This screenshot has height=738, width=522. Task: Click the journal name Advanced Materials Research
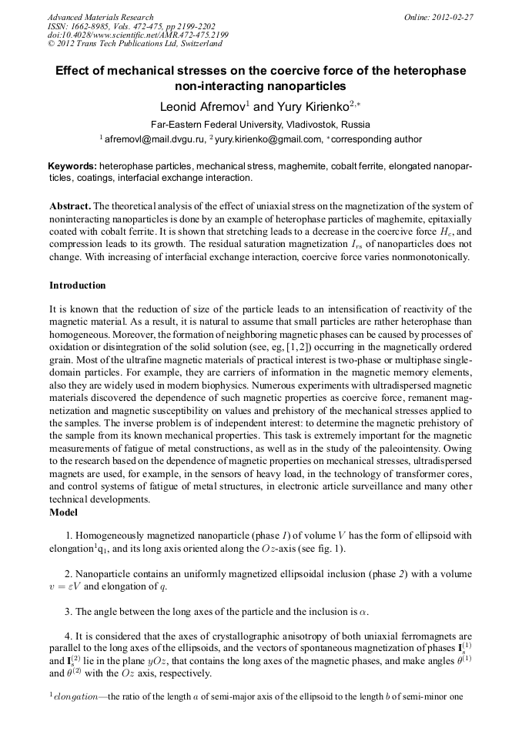tap(100, 17)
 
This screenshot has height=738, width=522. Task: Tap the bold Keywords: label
tap(72, 166)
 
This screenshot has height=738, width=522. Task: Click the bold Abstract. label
tap(70, 207)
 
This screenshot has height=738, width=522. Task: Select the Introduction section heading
tap(77, 286)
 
